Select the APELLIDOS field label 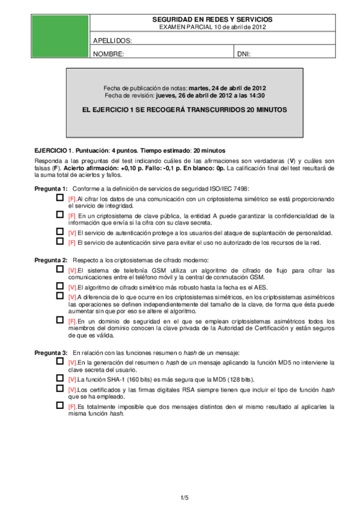[x=112, y=41]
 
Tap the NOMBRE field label [x=109, y=54]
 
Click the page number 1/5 [x=185, y=497]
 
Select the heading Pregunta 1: [x=51, y=189]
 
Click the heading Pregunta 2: [x=51, y=260]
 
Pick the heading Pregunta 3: [x=51, y=351]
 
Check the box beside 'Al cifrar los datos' [x=59, y=197]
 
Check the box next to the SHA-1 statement [x=59, y=378]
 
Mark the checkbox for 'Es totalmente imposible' [x=59, y=406]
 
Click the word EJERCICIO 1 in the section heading [x=53, y=150]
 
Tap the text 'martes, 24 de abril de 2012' [x=227, y=87]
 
